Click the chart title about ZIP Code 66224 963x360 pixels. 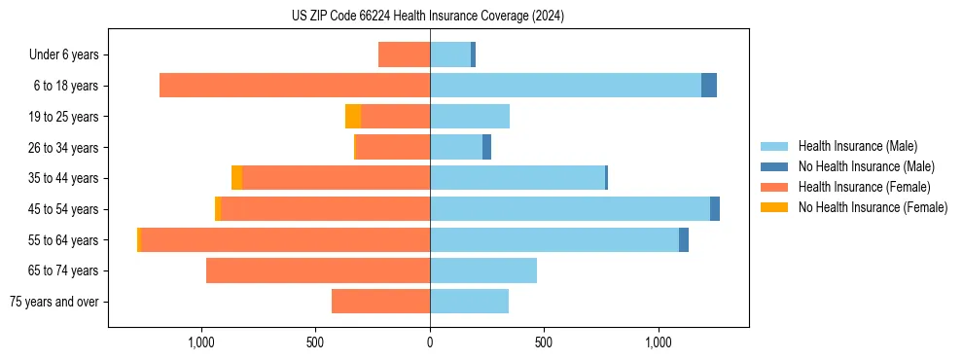click(428, 17)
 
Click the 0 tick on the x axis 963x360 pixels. click(430, 342)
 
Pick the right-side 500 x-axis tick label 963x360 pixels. click(544, 342)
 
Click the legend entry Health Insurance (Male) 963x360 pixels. click(857, 146)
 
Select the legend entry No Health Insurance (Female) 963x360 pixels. click(873, 207)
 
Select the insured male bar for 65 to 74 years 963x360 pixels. click(483, 270)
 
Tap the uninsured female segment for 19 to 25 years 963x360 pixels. click(353, 117)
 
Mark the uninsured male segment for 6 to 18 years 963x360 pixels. click(709, 86)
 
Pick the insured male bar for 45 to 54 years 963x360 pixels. click(570, 209)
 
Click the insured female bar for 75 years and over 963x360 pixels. click(380, 302)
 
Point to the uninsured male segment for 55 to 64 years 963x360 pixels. click(684, 239)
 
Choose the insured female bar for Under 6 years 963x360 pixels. click(404, 55)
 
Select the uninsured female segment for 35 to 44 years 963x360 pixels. click(236, 178)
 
